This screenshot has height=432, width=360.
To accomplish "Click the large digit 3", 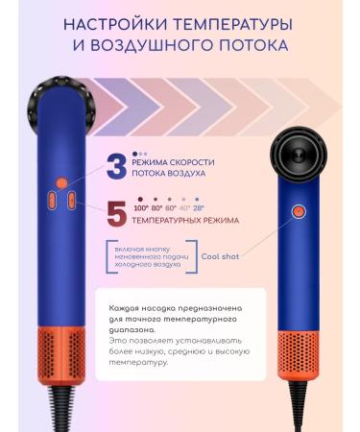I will pos(116,167).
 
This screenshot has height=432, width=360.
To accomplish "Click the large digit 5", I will pos(116,213).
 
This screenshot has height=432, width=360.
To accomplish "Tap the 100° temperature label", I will pos(141,206).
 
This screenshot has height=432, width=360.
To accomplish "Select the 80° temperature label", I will pos(157,206).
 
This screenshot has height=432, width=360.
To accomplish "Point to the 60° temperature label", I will pos(172,206).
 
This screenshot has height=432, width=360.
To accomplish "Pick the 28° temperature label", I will pos(199,206).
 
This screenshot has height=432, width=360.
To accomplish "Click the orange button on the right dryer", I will pos(298,210).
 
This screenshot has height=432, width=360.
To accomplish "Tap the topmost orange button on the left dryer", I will pos(62,181).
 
